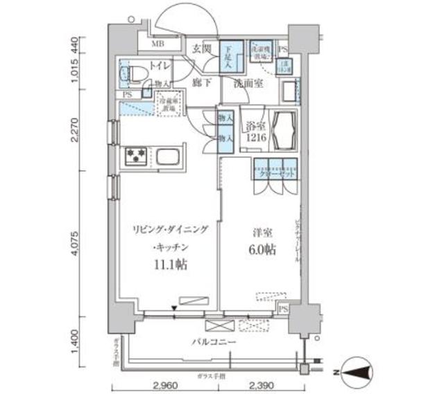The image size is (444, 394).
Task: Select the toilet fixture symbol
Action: (133, 71)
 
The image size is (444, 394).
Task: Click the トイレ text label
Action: (159, 68)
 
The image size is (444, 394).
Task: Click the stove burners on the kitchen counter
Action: (134, 156)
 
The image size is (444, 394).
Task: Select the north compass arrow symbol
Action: (361, 374)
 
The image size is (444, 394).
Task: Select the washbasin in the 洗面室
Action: (291, 93)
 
